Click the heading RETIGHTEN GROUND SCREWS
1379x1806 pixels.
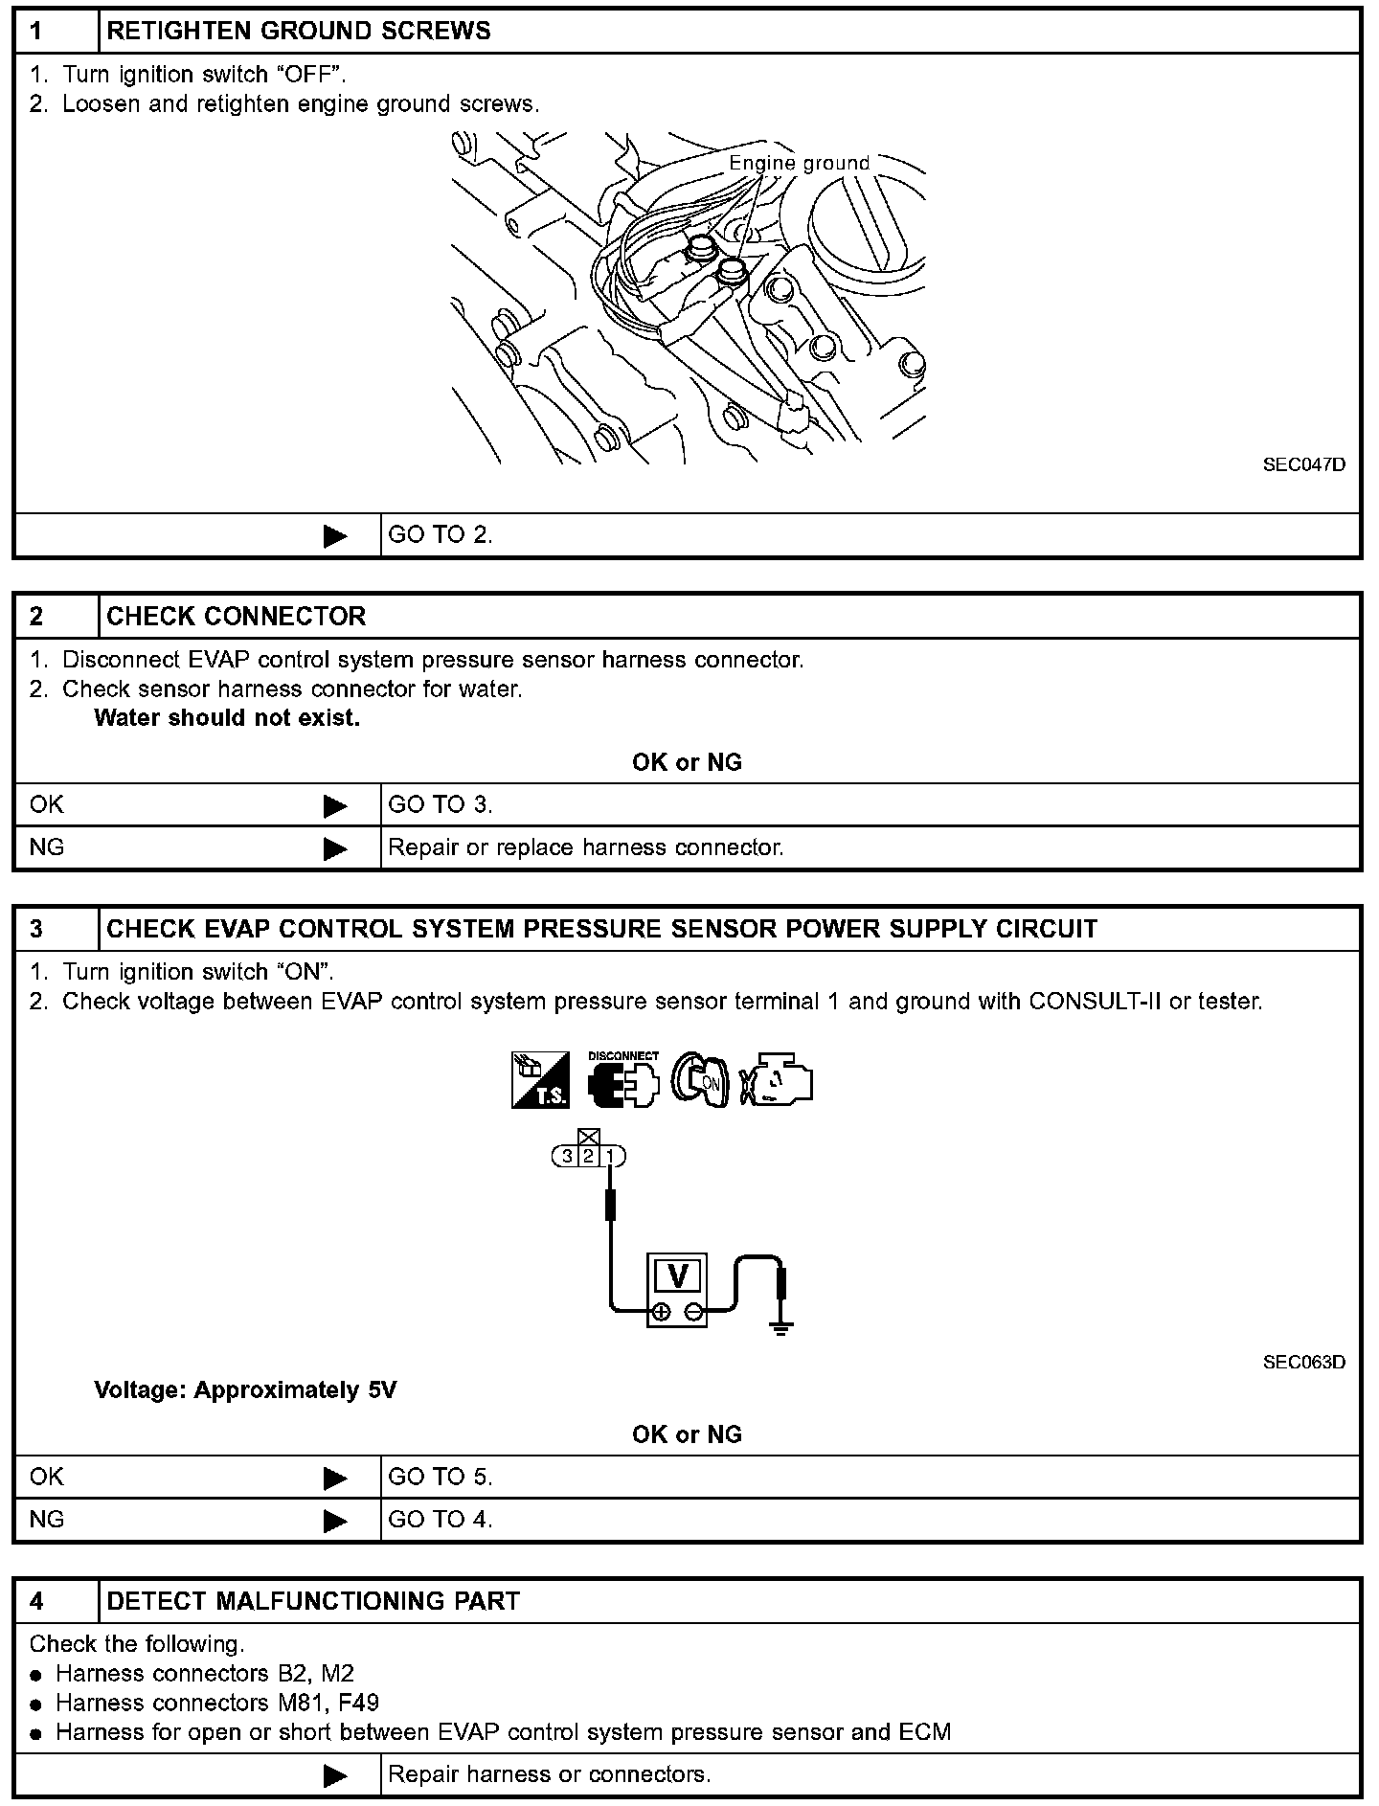coord(298,32)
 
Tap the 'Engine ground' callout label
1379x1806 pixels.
coord(799,164)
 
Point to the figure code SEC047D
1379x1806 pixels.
coord(1303,464)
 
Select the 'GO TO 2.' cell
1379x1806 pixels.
coord(440,535)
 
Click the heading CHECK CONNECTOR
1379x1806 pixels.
coord(236,617)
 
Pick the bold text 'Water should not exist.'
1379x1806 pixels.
coord(227,718)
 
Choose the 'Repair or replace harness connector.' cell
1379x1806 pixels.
coord(585,847)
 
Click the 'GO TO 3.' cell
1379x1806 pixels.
coord(440,805)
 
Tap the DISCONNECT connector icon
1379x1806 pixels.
coord(623,1078)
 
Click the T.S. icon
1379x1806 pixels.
coord(540,1080)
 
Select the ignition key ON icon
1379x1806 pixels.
coord(700,1080)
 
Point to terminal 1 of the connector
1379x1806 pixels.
coord(610,1157)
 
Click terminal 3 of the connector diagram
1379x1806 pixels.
coord(567,1157)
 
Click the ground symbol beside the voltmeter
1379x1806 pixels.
coord(781,1327)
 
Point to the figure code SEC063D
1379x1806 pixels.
coord(1303,1362)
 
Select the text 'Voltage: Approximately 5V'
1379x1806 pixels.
coord(245,1390)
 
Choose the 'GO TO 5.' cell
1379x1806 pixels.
coord(440,1478)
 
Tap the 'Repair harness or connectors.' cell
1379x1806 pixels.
coord(549,1774)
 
